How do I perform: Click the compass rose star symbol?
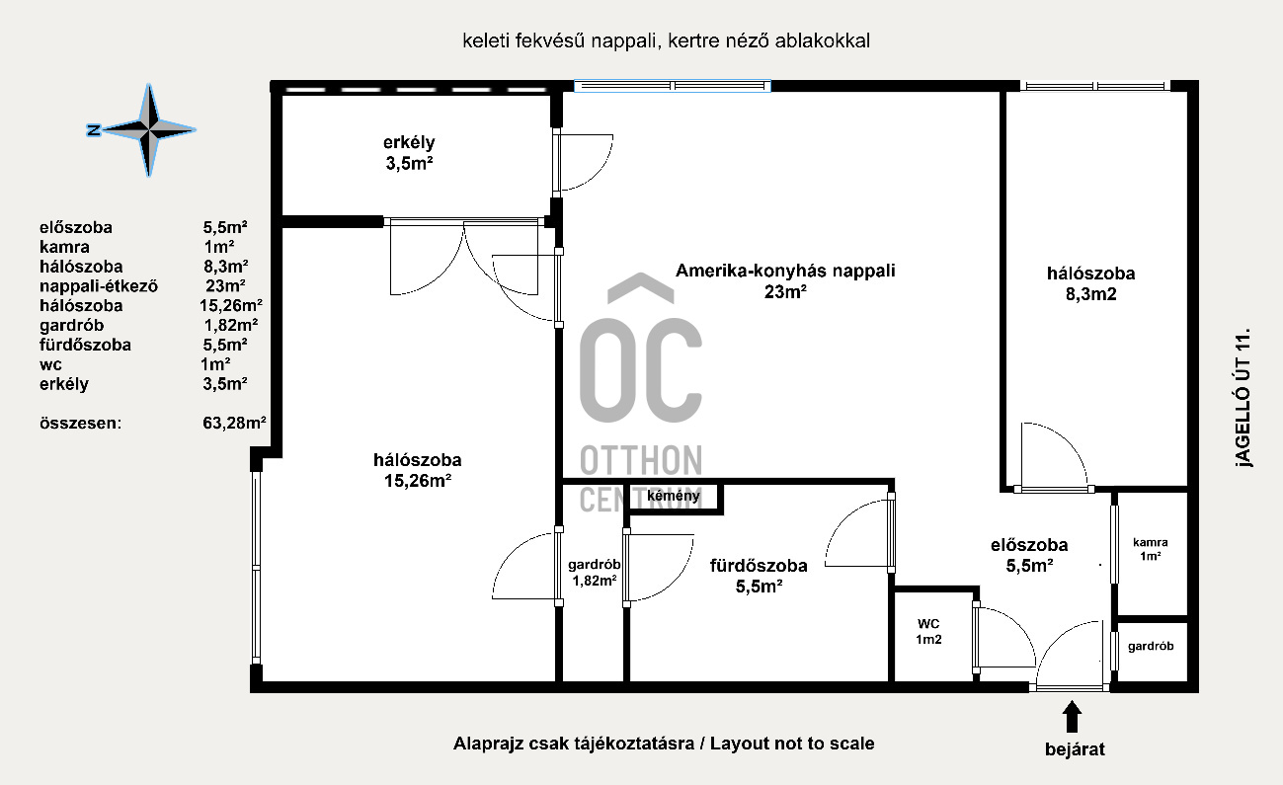[x=149, y=130]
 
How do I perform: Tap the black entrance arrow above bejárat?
[x=1073, y=717]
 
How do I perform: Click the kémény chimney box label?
[x=674, y=496]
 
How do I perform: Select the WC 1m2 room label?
[x=928, y=632]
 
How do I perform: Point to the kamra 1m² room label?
[x=1150, y=549]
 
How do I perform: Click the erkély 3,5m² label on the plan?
[x=409, y=153]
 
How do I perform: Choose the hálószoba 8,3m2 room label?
[x=1091, y=283]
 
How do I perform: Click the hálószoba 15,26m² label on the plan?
[x=418, y=470]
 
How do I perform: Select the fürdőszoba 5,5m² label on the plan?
[x=759, y=576]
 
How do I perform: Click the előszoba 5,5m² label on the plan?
[x=1029, y=555]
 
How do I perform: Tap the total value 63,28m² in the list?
[x=234, y=424]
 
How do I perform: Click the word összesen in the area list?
[x=80, y=424]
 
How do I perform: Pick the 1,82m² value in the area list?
[x=231, y=325]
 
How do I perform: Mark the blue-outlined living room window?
[x=673, y=86]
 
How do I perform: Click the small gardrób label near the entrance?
[x=1151, y=647]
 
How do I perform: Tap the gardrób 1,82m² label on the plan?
[x=594, y=573]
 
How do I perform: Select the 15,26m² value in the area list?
[x=231, y=306]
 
